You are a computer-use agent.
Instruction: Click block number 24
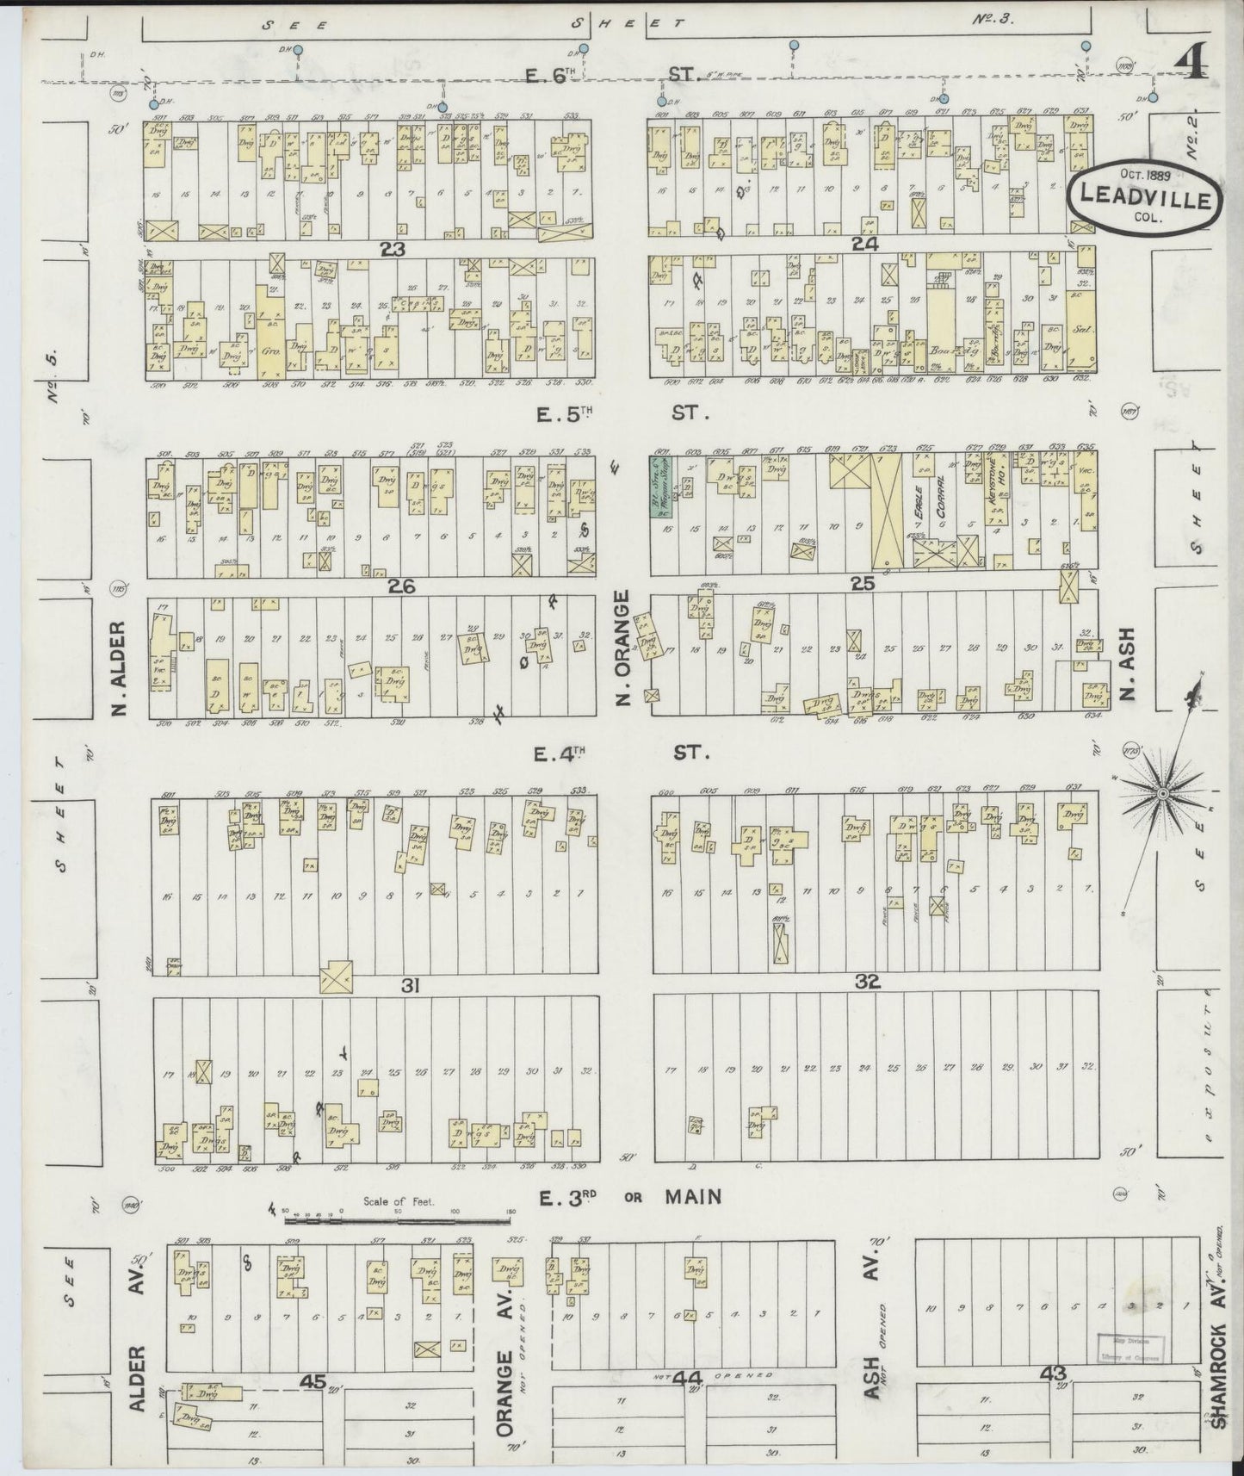(863, 245)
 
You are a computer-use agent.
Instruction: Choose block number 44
(686, 1379)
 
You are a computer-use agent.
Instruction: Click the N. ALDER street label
(120, 668)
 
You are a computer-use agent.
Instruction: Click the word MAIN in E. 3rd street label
(691, 1197)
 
